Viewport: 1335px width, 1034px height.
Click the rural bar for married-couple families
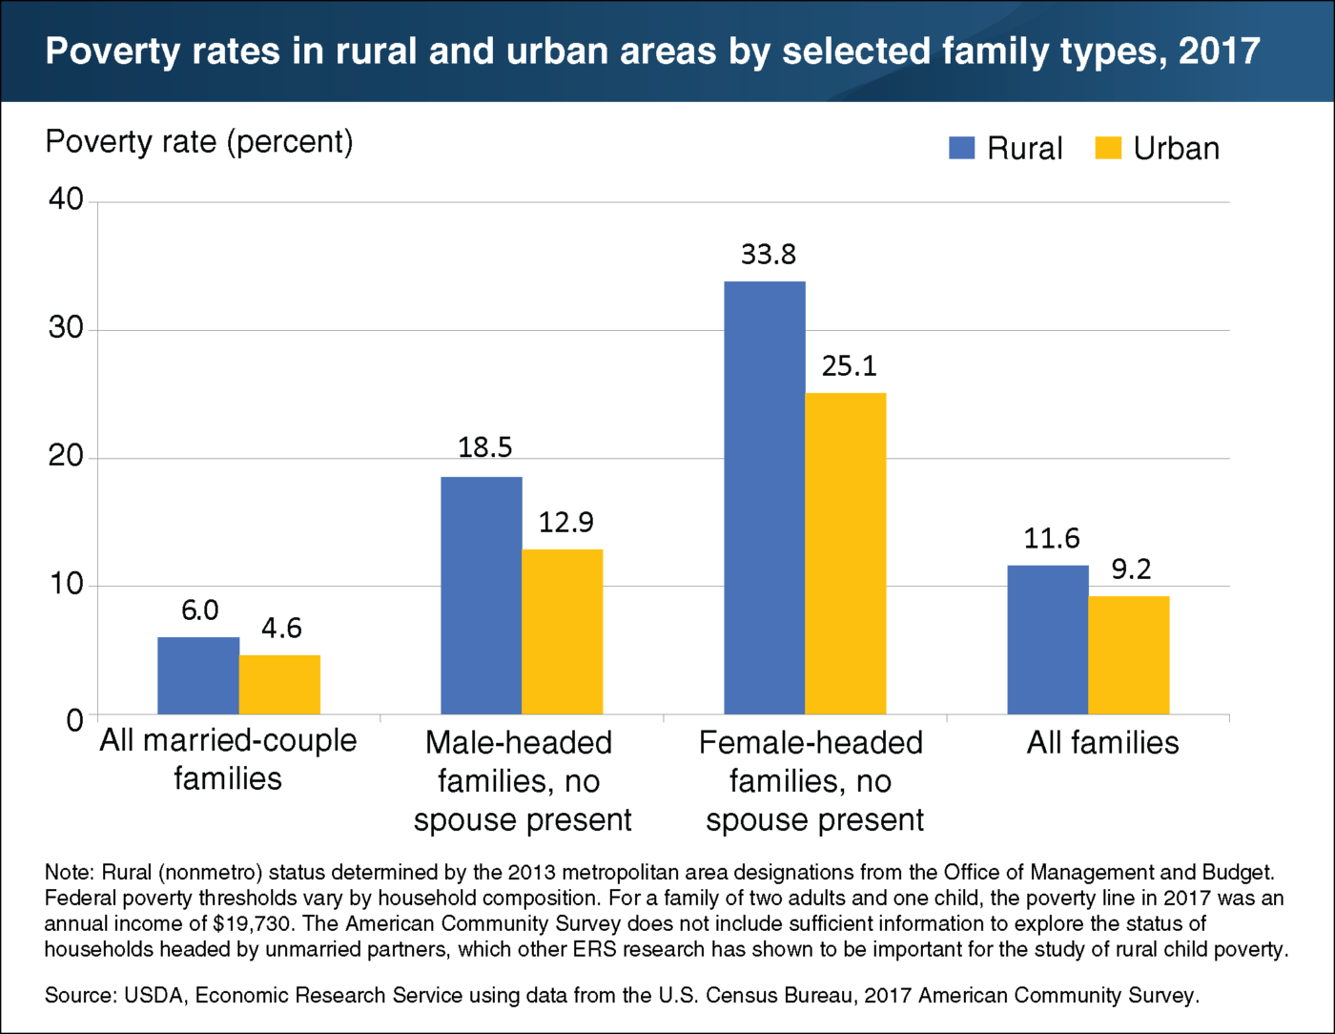(198, 675)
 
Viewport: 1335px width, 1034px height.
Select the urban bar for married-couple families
(279, 684)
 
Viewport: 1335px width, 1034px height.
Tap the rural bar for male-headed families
(482, 595)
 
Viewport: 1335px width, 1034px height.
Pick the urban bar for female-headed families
(846, 553)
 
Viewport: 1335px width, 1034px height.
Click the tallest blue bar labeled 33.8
(765, 497)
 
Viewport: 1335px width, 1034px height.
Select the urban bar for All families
(1129, 654)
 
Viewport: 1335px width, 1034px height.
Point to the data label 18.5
(484, 447)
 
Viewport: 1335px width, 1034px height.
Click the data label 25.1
(849, 365)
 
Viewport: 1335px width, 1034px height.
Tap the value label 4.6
(281, 628)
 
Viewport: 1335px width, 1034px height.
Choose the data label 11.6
(1052, 539)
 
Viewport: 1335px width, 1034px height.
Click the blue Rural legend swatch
(961, 148)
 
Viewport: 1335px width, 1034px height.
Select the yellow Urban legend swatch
(1108, 148)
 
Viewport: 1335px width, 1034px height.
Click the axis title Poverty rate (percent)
(199, 142)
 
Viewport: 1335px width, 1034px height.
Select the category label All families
(1102, 743)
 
